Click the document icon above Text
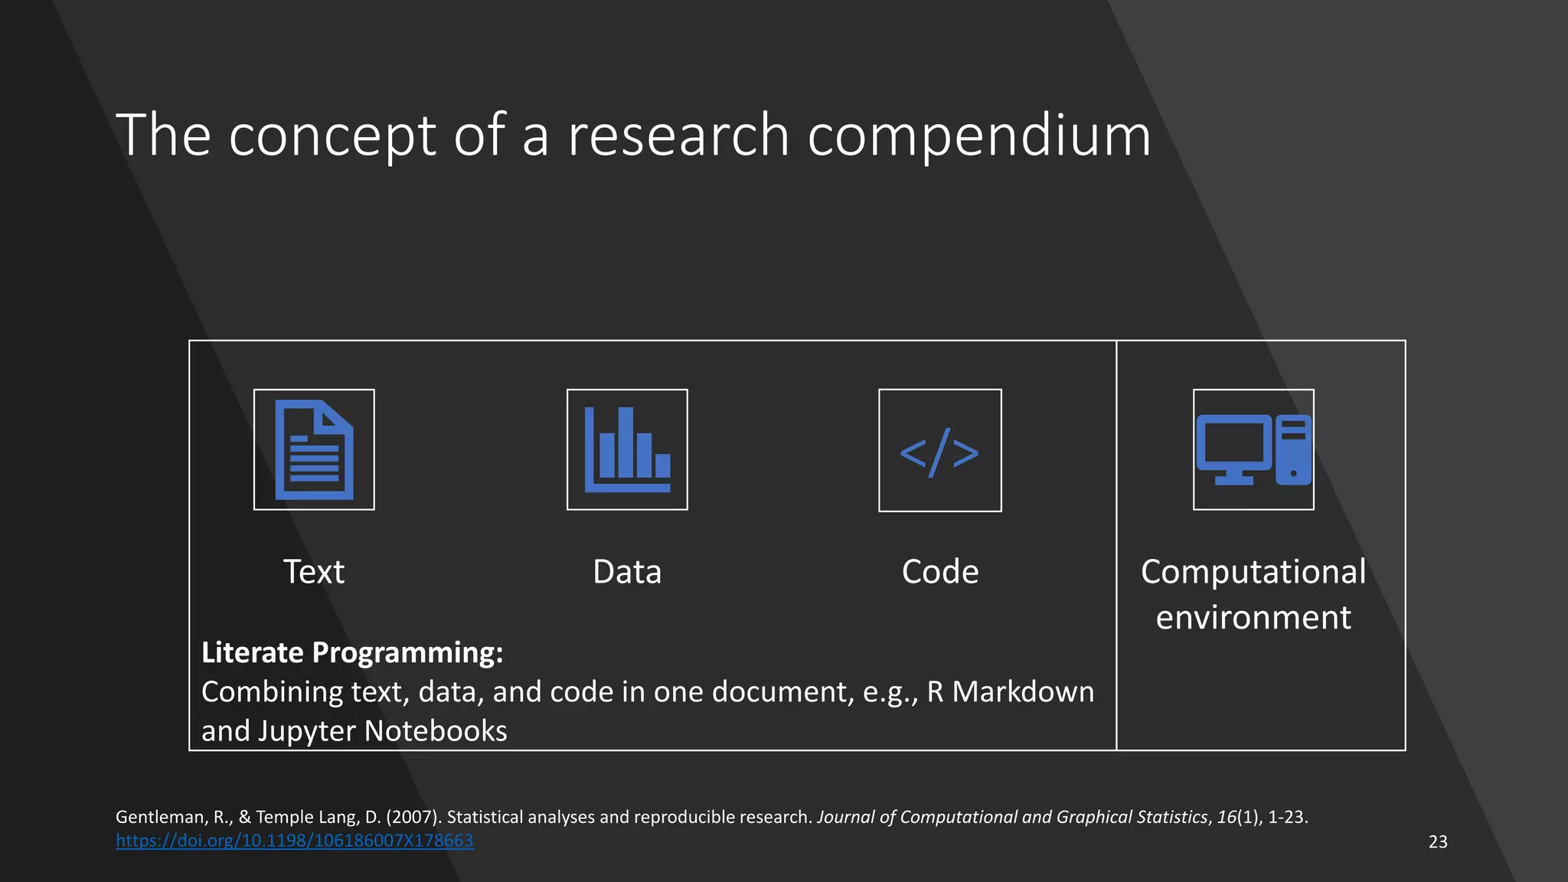point(314,449)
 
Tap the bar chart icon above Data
point(627,449)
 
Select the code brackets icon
point(939,451)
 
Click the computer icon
point(1253,449)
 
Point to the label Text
point(314,572)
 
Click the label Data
point(627,572)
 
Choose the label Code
point(939,572)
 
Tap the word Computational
point(1253,572)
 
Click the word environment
point(1253,617)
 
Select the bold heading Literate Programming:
point(352,652)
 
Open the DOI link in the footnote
point(295,841)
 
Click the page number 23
point(1438,842)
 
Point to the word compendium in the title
point(979,136)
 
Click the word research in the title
point(678,136)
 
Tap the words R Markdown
point(1011,692)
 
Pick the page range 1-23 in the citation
point(1286,817)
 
